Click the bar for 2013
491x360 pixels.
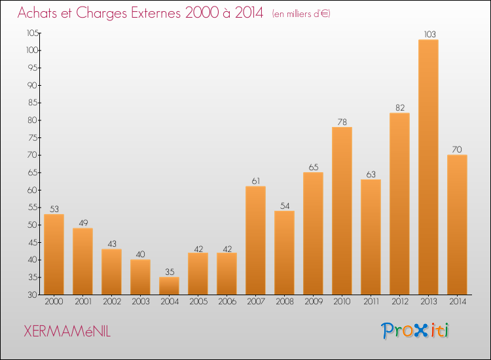click(x=428, y=167)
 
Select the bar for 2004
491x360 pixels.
click(x=169, y=286)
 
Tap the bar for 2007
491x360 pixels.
click(x=255, y=240)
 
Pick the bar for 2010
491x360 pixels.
click(x=342, y=211)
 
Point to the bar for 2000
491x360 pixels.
click(x=54, y=254)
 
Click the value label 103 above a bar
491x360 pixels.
click(x=429, y=34)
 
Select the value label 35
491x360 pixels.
click(x=170, y=272)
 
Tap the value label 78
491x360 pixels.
click(x=342, y=122)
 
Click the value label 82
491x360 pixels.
click(x=400, y=108)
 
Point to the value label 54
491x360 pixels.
click(x=285, y=206)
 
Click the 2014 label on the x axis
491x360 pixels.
click(x=458, y=302)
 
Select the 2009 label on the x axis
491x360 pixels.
click(x=314, y=302)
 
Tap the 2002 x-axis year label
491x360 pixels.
click(x=112, y=302)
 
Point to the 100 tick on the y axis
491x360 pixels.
click(x=32, y=50)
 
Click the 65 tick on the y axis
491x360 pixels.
click(x=33, y=173)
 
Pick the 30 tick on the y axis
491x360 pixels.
click(x=33, y=295)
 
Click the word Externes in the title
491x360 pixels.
click(x=156, y=13)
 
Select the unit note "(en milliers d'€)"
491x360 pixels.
click(x=301, y=14)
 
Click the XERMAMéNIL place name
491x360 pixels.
click(x=67, y=331)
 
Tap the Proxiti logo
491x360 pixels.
click(x=415, y=331)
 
